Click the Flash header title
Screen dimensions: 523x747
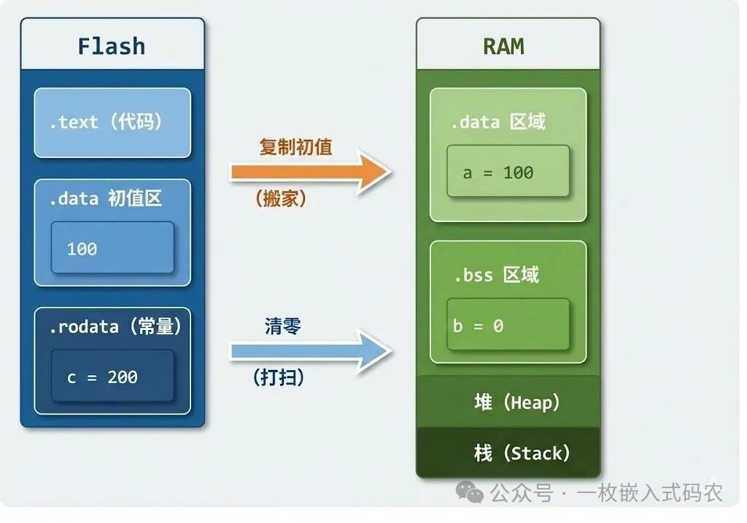click(x=112, y=46)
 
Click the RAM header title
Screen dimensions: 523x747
click(x=503, y=46)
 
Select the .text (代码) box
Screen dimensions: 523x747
click(x=112, y=122)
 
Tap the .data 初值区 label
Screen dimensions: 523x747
click(x=106, y=198)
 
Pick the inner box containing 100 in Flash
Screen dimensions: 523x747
click(x=112, y=248)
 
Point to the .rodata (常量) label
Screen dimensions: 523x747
click(x=115, y=327)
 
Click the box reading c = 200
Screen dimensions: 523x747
click(x=112, y=376)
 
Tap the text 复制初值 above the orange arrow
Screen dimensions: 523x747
click(x=295, y=146)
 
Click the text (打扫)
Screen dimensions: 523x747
click(x=279, y=377)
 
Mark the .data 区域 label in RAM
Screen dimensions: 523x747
click(x=498, y=122)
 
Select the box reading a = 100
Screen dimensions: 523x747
click(x=508, y=173)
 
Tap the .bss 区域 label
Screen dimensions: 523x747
click(x=497, y=275)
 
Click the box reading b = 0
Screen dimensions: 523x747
click(x=508, y=326)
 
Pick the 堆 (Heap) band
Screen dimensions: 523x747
click(x=508, y=402)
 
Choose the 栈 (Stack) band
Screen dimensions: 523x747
click(x=508, y=453)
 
